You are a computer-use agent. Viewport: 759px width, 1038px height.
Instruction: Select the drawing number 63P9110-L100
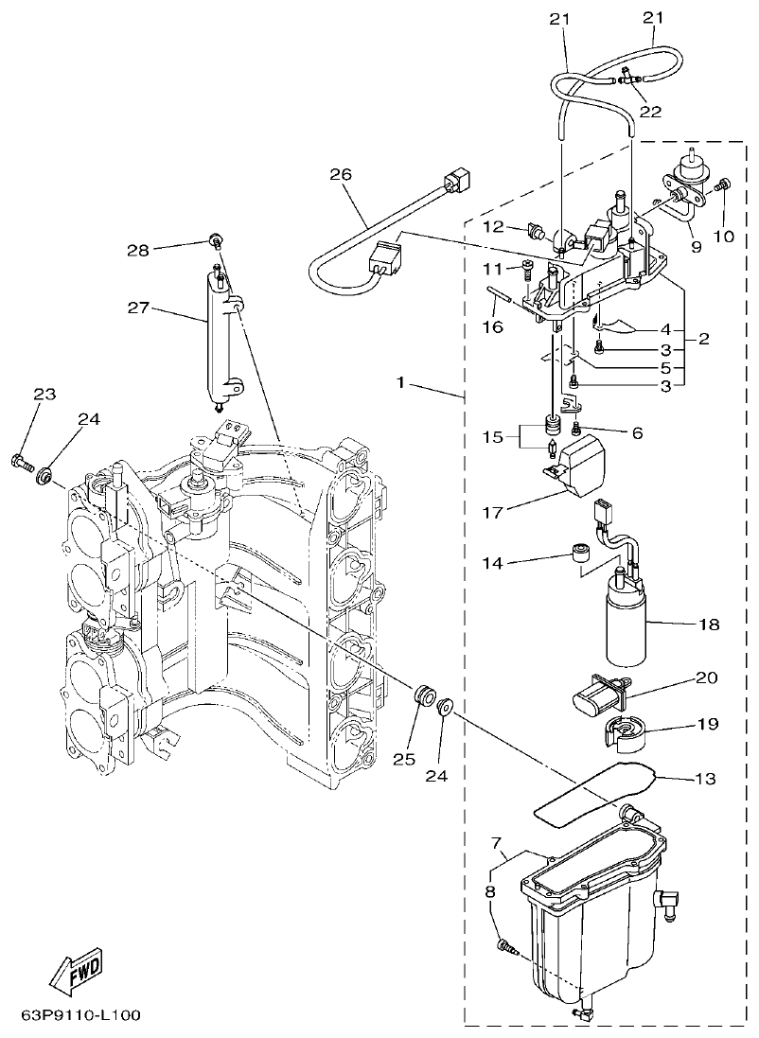pyautogui.click(x=80, y=1015)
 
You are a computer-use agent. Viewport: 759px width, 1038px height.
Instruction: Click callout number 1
pyautogui.click(x=401, y=383)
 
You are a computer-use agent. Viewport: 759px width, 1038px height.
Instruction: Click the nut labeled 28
pyautogui.click(x=217, y=239)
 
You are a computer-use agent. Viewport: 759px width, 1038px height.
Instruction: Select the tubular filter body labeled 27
pyautogui.click(x=217, y=336)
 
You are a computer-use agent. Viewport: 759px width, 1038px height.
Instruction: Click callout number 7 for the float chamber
pyautogui.click(x=496, y=842)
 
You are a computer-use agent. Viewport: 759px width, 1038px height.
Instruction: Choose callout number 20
pyautogui.click(x=706, y=677)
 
